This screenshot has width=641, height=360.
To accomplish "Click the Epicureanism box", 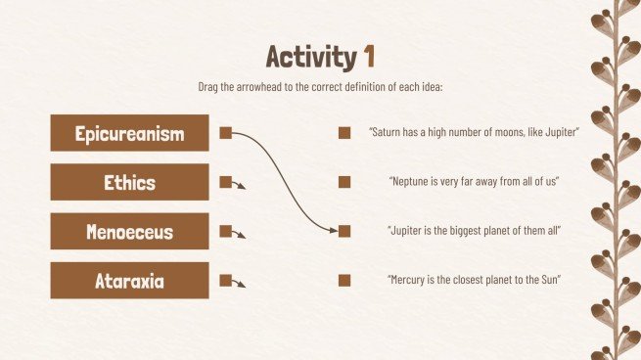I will tap(129, 133).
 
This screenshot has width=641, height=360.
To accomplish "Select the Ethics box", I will tap(129, 182).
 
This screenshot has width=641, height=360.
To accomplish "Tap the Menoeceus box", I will tap(129, 232).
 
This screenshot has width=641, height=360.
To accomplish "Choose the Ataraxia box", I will tap(129, 281).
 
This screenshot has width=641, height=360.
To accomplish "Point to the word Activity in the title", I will tap(310, 56).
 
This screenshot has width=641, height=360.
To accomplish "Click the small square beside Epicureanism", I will tap(225, 133).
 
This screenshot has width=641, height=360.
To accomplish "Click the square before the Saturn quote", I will tap(344, 133).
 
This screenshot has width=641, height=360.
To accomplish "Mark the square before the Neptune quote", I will tap(344, 182).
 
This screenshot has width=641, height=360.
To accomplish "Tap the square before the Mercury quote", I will tap(344, 281).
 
